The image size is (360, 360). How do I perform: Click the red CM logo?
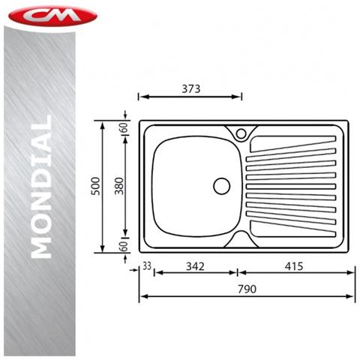click(x=52, y=16)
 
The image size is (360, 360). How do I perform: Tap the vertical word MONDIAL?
click(x=41, y=187)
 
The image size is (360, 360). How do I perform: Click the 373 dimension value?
click(x=191, y=88)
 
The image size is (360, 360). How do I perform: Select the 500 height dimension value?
click(x=95, y=186)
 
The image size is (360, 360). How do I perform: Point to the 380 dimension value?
click(x=119, y=186)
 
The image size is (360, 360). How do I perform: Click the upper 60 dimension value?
click(x=124, y=127)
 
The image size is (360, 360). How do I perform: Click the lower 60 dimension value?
click(x=124, y=246)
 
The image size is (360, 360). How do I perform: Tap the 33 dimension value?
click(x=147, y=266)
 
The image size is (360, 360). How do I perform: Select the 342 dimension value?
click(x=195, y=266)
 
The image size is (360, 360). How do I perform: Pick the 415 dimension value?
click(x=294, y=266)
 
